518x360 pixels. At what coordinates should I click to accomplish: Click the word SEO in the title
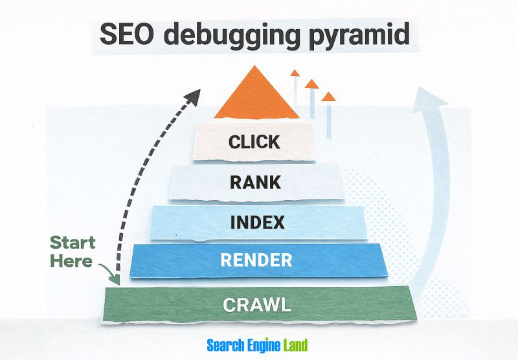[127, 34]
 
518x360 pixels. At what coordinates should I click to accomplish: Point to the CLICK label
[254, 142]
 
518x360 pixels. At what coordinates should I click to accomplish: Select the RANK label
[256, 182]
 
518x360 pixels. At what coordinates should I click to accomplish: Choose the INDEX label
[257, 222]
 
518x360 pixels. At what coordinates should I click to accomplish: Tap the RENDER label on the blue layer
[256, 261]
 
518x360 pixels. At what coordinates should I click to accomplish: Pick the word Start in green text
[73, 243]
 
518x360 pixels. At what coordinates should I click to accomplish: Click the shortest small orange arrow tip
[329, 97]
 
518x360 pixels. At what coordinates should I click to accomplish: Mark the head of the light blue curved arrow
[431, 97]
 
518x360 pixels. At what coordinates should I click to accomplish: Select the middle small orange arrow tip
[312, 84]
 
